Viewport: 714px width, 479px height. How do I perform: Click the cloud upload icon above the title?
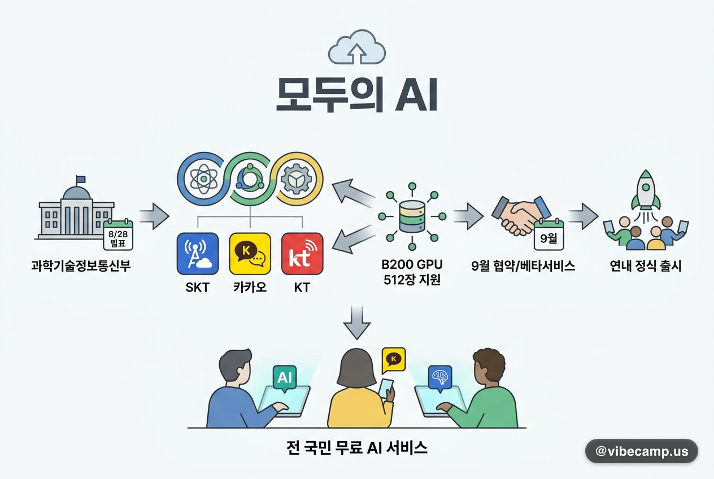(356, 47)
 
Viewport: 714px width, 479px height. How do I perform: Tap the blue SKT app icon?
(198, 254)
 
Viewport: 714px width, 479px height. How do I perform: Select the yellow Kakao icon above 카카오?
(250, 254)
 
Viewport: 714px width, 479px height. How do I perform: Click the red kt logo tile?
(302, 254)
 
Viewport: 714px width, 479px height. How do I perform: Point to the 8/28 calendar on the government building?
(118, 234)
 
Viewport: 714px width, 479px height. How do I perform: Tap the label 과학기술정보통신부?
(81, 265)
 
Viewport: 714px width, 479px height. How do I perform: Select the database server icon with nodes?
(412, 216)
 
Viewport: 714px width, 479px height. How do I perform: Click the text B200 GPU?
(412, 264)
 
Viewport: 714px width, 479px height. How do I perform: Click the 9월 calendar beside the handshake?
(549, 234)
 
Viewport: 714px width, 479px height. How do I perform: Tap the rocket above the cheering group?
(646, 191)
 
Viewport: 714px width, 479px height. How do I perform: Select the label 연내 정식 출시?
(646, 265)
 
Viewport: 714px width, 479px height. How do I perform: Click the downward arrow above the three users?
(356, 323)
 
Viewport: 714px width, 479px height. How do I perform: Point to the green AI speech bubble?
(285, 378)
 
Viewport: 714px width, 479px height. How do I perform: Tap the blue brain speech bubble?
(440, 378)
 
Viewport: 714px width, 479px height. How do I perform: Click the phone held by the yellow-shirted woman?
(386, 388)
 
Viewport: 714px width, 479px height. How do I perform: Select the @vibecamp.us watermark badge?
(642, 451)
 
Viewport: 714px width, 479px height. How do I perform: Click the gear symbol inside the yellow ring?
(297, 179)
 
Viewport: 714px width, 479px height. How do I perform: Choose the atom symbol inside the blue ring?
(204, 179)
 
